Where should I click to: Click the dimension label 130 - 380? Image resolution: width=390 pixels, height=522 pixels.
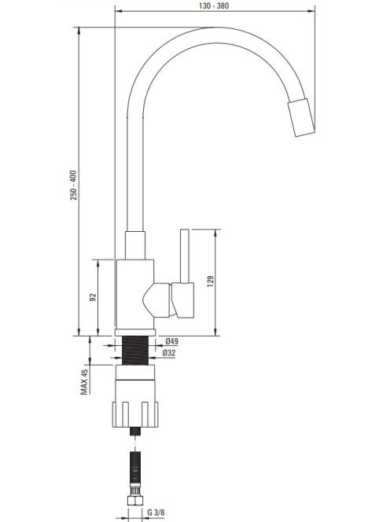pyautogui.click(x=214, y=6)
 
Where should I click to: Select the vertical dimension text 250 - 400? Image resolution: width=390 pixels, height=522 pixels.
pyautogui.click(x=73, y=185)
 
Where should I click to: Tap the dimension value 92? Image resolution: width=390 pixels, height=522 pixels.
pyautogui.click(x=94, y=297)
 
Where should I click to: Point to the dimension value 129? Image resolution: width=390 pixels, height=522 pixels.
pyautogui.click(x=211, y=281)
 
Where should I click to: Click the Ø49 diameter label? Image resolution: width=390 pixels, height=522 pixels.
pyautogui.click(x=172, y=341)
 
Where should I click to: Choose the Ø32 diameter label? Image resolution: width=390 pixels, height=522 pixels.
pyautogui.click(x=169, y=353)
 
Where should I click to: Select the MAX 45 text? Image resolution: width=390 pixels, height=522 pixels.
pyautogui.click(x=84, y=382)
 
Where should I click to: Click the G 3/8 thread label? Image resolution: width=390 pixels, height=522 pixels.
pyautogui.click(x=156, y=512)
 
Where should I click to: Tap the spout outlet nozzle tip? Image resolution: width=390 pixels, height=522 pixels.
pyautogui.click(x=301, y=117)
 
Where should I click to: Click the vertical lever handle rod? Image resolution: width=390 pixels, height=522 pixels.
pyautogui.click(x=185, y=256)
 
